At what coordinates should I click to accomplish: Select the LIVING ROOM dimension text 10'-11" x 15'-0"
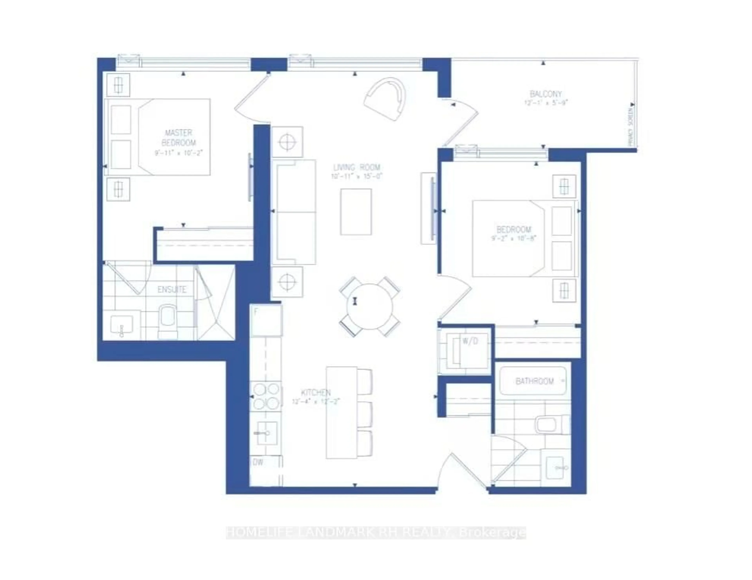(357, 176)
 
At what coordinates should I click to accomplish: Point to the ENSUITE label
(172, 289)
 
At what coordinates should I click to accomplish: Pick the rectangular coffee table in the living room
(356, 212)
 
